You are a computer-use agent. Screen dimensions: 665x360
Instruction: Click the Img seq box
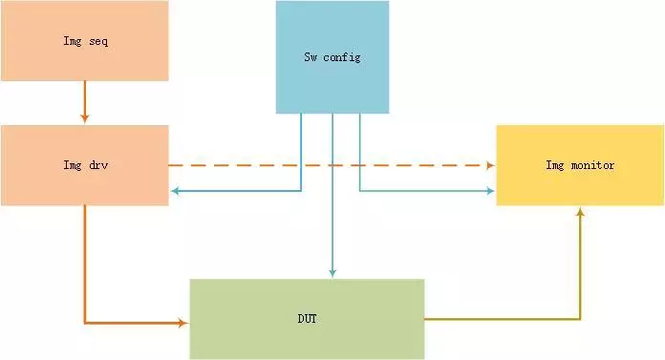coord(84,41)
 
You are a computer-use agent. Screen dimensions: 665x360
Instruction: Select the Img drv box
coord(84,164)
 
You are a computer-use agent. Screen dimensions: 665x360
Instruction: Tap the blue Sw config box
coord(332,57)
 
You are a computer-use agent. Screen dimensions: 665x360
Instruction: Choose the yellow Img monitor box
coord(580,164)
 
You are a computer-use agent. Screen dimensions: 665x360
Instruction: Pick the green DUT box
coord(306,318)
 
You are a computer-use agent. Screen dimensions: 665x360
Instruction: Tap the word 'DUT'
coord(307,318)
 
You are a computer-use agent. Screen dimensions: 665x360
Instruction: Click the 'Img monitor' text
coord(580,165)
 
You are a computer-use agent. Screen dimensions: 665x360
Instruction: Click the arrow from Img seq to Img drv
coord(85,101)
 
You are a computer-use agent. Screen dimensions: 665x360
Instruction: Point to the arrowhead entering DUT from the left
coord(183,323)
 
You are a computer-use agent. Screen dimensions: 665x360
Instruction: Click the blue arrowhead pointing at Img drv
coord(175,192)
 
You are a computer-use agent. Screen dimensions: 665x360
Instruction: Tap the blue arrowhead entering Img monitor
coord(490,191)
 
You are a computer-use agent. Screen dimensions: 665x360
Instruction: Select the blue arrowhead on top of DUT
coord(332,274)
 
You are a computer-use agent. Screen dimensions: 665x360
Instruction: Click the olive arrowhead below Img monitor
coord(580,211)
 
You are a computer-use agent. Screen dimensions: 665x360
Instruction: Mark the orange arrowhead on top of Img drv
coord(85,119)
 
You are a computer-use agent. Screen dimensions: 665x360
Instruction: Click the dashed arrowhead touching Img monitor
coord(490,165)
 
